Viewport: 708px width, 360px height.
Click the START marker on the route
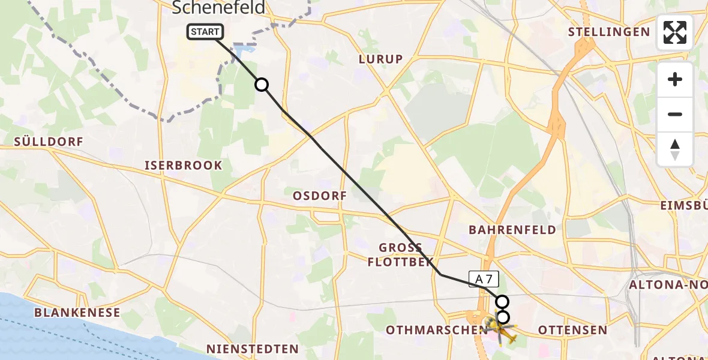(x=206, y=32)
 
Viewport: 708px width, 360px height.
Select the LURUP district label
(x=380, y=59)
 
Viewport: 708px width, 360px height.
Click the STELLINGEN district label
(x=609, y=32)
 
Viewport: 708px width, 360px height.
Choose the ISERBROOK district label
(x=184, y=165)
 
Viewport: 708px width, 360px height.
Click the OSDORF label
(x=320, y=196)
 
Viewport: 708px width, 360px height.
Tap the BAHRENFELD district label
(x=512, y=229)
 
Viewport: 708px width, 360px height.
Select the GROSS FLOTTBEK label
(x=400, y=254)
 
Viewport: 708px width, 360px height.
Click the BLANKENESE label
(x=77, y=313)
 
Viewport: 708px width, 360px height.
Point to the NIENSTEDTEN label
(x=252, y=349)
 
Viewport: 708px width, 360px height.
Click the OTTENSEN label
(x=573, y=330)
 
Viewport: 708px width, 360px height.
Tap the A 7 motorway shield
(x=484, y=278)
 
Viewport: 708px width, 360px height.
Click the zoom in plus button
(x=675, y=79)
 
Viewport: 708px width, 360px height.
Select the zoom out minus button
(x=675, y=114)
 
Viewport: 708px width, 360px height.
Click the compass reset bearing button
(x=675, y=149)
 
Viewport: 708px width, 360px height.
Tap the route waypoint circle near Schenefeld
(x=262, y=85)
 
